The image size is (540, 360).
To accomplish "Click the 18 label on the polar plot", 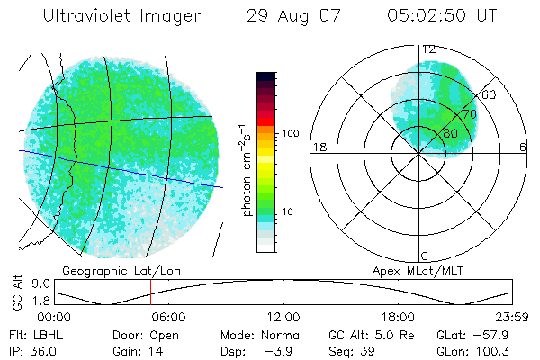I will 318,147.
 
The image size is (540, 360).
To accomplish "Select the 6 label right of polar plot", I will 523,147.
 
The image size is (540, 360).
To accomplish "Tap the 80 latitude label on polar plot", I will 450,133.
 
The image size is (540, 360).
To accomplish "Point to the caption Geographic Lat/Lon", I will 110,270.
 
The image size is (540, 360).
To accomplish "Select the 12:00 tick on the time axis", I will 283,318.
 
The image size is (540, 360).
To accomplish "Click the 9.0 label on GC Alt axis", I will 38,282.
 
